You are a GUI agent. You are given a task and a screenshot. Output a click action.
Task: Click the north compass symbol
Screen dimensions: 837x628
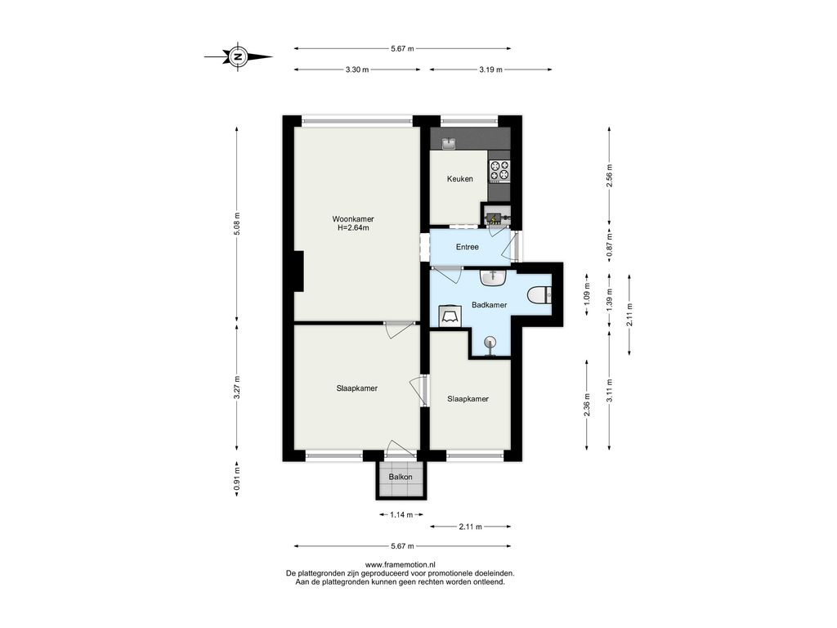point(238,56)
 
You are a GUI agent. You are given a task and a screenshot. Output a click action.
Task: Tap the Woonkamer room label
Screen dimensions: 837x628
point(353,219)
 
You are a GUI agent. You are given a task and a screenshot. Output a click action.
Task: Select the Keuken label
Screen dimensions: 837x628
point(459,179)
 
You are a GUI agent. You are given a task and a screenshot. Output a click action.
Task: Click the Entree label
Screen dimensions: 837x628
point(467,247)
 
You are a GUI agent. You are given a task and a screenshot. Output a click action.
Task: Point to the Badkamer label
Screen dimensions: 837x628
point(489,305)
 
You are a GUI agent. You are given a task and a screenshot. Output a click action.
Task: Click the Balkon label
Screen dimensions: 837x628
point(401,477)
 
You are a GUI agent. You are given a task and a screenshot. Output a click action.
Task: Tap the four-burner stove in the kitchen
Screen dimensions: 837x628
point(500,170)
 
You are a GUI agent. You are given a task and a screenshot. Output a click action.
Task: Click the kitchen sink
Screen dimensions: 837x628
point(448,144)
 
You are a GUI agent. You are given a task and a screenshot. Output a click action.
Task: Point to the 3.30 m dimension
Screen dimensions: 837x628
point(357,70)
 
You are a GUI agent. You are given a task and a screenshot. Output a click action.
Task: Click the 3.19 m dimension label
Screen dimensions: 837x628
point(490,70)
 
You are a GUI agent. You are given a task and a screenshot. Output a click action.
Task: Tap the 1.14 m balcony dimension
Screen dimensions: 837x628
point(401,515)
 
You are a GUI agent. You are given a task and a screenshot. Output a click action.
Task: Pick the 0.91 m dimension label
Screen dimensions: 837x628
point(238,479)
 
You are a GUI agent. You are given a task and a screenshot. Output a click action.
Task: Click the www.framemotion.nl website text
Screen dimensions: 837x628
point(401,564)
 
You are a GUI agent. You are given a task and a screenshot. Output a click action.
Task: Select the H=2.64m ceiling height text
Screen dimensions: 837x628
point(353,228)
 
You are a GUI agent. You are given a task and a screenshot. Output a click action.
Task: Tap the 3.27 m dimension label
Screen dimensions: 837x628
point(238,388)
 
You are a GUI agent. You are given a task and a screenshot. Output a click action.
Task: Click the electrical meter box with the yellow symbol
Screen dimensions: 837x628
point(495,218)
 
